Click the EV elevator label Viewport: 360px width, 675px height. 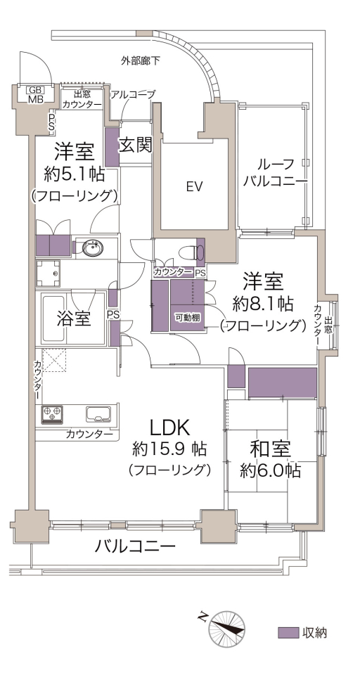tap(194, 186)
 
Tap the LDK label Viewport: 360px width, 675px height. tap(169, 429)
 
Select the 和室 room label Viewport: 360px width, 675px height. tap(271, 449)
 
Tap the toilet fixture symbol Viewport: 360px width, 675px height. tap(192, 253)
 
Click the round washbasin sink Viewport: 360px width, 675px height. tap(92, 248)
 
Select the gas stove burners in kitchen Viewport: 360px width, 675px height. tap(52, 414)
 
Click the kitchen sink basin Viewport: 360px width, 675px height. tap(98, 414)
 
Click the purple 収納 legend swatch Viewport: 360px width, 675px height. tap(288, 633)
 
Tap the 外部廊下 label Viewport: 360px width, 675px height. tap(140, 61)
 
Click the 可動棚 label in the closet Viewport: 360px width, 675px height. tap(187, 318)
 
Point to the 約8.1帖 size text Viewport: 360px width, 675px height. tap(263, 304)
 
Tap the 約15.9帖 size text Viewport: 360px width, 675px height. tap(169, 449)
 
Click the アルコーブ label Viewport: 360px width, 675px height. tap(133, 95)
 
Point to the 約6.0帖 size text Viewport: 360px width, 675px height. tap(271, 470)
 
